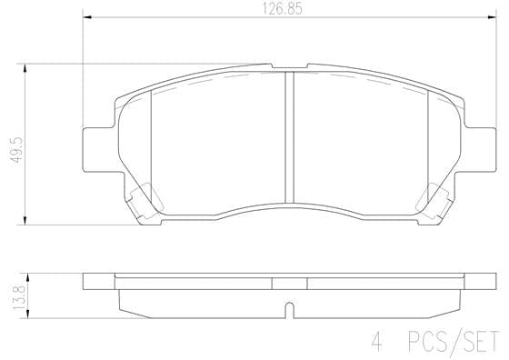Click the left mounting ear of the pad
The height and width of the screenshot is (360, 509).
click(x=96, y=147)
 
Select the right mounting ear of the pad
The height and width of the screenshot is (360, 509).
click(x=479, y=147)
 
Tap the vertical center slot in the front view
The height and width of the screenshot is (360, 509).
click(x=287, y=136)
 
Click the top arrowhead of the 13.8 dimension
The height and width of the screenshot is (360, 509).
click(x=25, y=275)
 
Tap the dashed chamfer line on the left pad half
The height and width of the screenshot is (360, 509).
click(x=182, y=88)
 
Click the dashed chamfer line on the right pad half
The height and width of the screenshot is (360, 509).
click(x=391, y=88)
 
